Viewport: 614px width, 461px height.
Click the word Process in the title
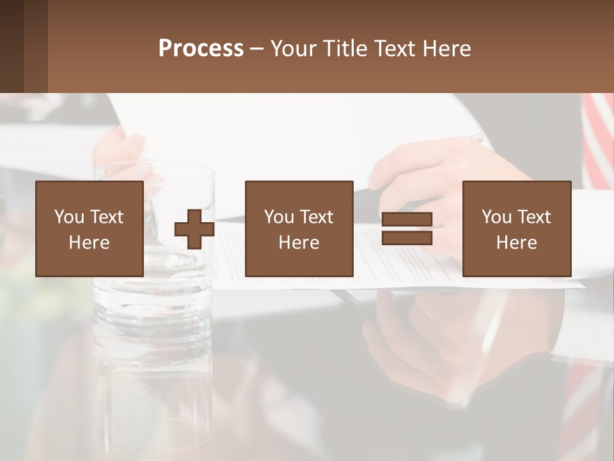(x=201, y=49)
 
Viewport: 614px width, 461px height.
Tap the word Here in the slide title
(x=446, y=49)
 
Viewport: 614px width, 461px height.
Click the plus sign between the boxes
(x=194, y=229)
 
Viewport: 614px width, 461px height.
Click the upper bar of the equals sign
(x=407, y=220)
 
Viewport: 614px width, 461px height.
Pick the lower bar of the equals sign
(x=407, y=238)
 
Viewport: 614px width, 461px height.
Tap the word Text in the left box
(x=106, y=217)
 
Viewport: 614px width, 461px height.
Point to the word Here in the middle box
(x=299, y=243)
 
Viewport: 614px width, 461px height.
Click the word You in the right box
(x=496, y=217)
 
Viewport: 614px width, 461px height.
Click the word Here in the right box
(x=516, y=243)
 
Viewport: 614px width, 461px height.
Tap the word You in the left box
(x=70, y=217)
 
